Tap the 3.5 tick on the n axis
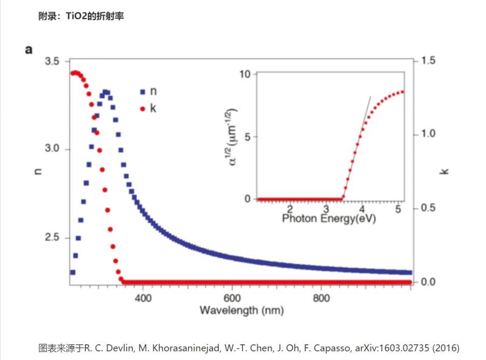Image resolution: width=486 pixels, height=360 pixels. (x=52, y=61)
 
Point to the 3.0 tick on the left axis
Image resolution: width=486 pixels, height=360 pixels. (x=52, y=150)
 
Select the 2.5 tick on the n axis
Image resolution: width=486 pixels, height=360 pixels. (x=52, y=238)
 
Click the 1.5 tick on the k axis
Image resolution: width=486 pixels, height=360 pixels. (x=428, y=60)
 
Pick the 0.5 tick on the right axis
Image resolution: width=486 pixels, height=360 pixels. (x=428, y=208)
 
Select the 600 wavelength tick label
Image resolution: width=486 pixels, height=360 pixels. (x=232, y=297)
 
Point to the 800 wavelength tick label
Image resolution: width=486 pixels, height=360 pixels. (x=321, y=297)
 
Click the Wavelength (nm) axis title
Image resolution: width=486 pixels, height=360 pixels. (x=241, y=310)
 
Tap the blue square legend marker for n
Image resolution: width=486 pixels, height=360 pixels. (x=143, y=92)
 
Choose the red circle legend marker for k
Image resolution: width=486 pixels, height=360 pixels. (x=143, y=108)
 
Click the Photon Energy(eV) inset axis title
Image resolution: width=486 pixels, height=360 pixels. (x=329, y=219)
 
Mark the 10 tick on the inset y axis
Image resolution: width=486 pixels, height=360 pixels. (x=246, y=74)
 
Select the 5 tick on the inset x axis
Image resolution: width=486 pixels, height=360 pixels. (x=399, y=208)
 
